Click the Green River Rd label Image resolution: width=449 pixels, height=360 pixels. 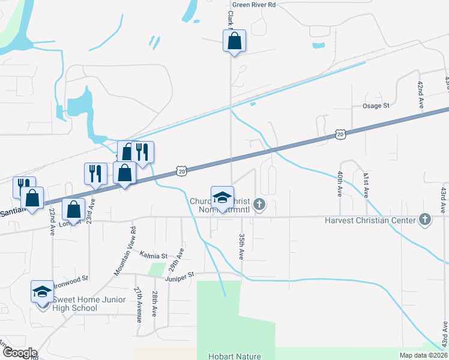click(254, 5)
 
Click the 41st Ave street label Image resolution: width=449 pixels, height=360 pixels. click(365, 184)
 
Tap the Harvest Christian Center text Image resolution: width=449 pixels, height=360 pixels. click(370, 220)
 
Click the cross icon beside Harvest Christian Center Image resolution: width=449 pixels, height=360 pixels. click(426, 220)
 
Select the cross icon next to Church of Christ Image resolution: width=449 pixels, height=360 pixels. click(259, 205)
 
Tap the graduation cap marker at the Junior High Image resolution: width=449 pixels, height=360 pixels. click(42, 292)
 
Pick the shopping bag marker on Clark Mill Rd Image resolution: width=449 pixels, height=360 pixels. click(234, 43)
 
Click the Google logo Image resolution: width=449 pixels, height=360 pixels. click(19, 353)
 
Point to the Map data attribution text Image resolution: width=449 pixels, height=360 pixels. click(424, 355)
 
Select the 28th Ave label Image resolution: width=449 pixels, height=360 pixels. click(154, 304)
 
